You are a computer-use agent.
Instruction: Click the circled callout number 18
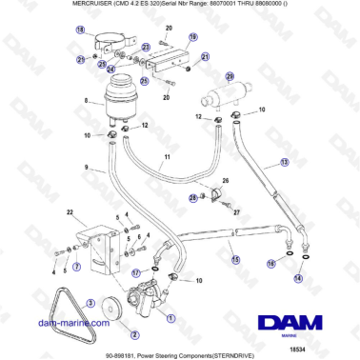tap(79, 30)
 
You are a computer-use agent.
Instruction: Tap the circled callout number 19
tap(191, 37)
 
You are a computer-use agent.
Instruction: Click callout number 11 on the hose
tap(167, 155)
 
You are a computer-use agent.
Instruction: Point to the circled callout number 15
tap(235, 258)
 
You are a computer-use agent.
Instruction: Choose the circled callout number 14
tap(298, 279)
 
